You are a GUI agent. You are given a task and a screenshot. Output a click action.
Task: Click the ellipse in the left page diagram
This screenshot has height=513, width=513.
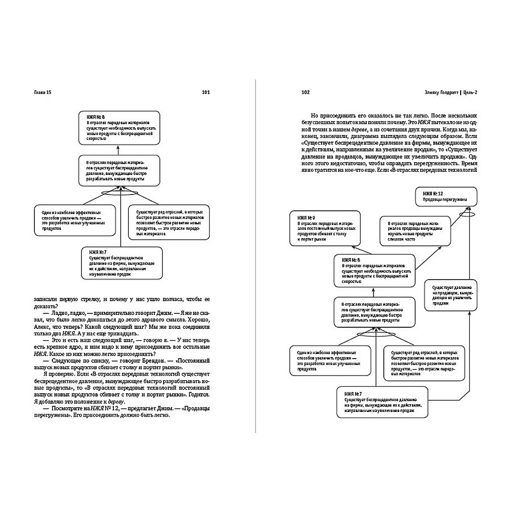click(119, 193)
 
